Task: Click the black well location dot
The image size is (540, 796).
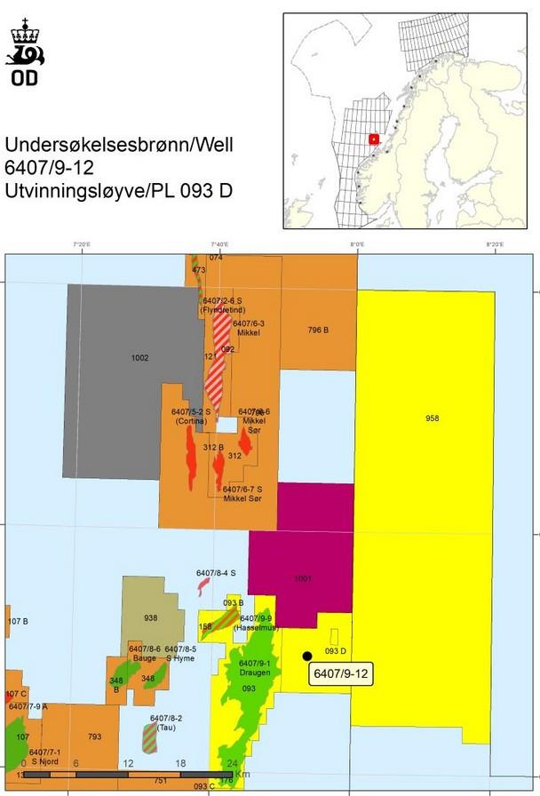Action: click(306, 656)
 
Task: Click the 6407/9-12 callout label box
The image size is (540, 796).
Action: click(341, 674)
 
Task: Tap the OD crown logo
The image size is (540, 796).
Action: click(25, 52)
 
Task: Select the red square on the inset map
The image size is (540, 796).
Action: click(374, 139)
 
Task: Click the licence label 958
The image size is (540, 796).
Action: click(432, 418)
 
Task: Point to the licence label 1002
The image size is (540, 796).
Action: click(139, 358)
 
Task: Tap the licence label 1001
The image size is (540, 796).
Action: click(303, 578)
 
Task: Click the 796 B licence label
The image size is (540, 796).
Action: click(318, 330)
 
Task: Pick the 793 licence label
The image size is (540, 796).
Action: click(95, 736)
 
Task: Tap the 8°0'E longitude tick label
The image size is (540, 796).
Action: click(358, 244)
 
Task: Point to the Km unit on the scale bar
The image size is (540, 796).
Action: click(240, 763)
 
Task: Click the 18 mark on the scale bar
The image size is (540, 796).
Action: click(180, 763)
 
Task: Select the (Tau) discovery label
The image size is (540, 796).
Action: click(165, 728)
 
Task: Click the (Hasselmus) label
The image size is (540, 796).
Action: click(252, 628)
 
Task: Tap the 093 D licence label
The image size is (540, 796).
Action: click(336, 651)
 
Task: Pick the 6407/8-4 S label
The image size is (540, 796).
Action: click(216, 573)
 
